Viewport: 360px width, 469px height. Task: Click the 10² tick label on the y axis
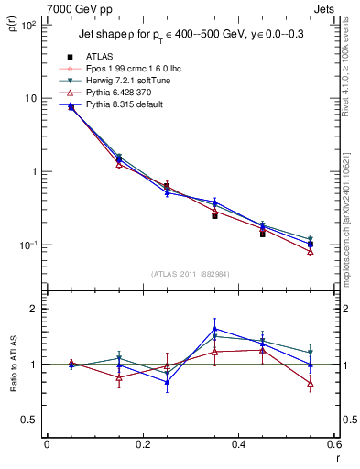click(28, 26)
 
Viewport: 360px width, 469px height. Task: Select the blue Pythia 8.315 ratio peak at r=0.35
click(214, 329)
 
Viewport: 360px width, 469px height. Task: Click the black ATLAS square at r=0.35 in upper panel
click(214, 215)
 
